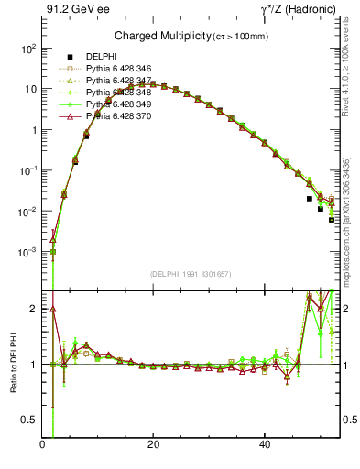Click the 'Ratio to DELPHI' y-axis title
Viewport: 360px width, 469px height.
click(14, 364)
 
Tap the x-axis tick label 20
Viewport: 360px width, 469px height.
click(154, 446)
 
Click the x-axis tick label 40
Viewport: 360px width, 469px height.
click(264, 446)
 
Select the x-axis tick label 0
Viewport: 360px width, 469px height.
click(43, 446)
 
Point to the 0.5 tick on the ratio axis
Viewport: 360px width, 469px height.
click(30, 420)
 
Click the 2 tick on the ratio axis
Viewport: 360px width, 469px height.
click(35, 309)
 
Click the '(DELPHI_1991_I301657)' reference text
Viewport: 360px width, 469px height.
click(191, 273)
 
